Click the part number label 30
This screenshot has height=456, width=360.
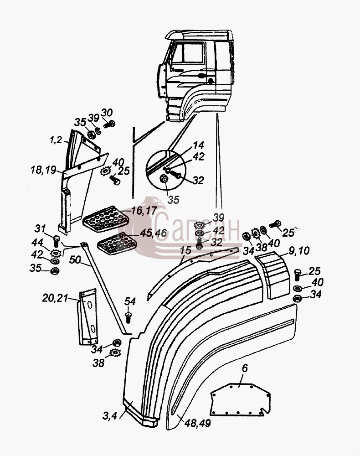click(107, 113)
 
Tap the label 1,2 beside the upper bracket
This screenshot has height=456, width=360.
click(56, 140)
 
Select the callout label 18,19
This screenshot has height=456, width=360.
click(43, 170)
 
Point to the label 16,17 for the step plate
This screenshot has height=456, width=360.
click(144, 211)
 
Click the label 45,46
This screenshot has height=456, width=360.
click(154, 233)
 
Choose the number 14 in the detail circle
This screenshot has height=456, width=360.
click(198, 145)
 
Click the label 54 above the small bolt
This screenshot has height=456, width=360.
click(130, 301)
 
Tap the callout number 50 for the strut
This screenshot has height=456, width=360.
click(75, 259)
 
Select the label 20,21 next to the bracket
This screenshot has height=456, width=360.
click(55, 298)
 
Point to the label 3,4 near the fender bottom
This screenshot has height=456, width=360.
click(109, 416)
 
